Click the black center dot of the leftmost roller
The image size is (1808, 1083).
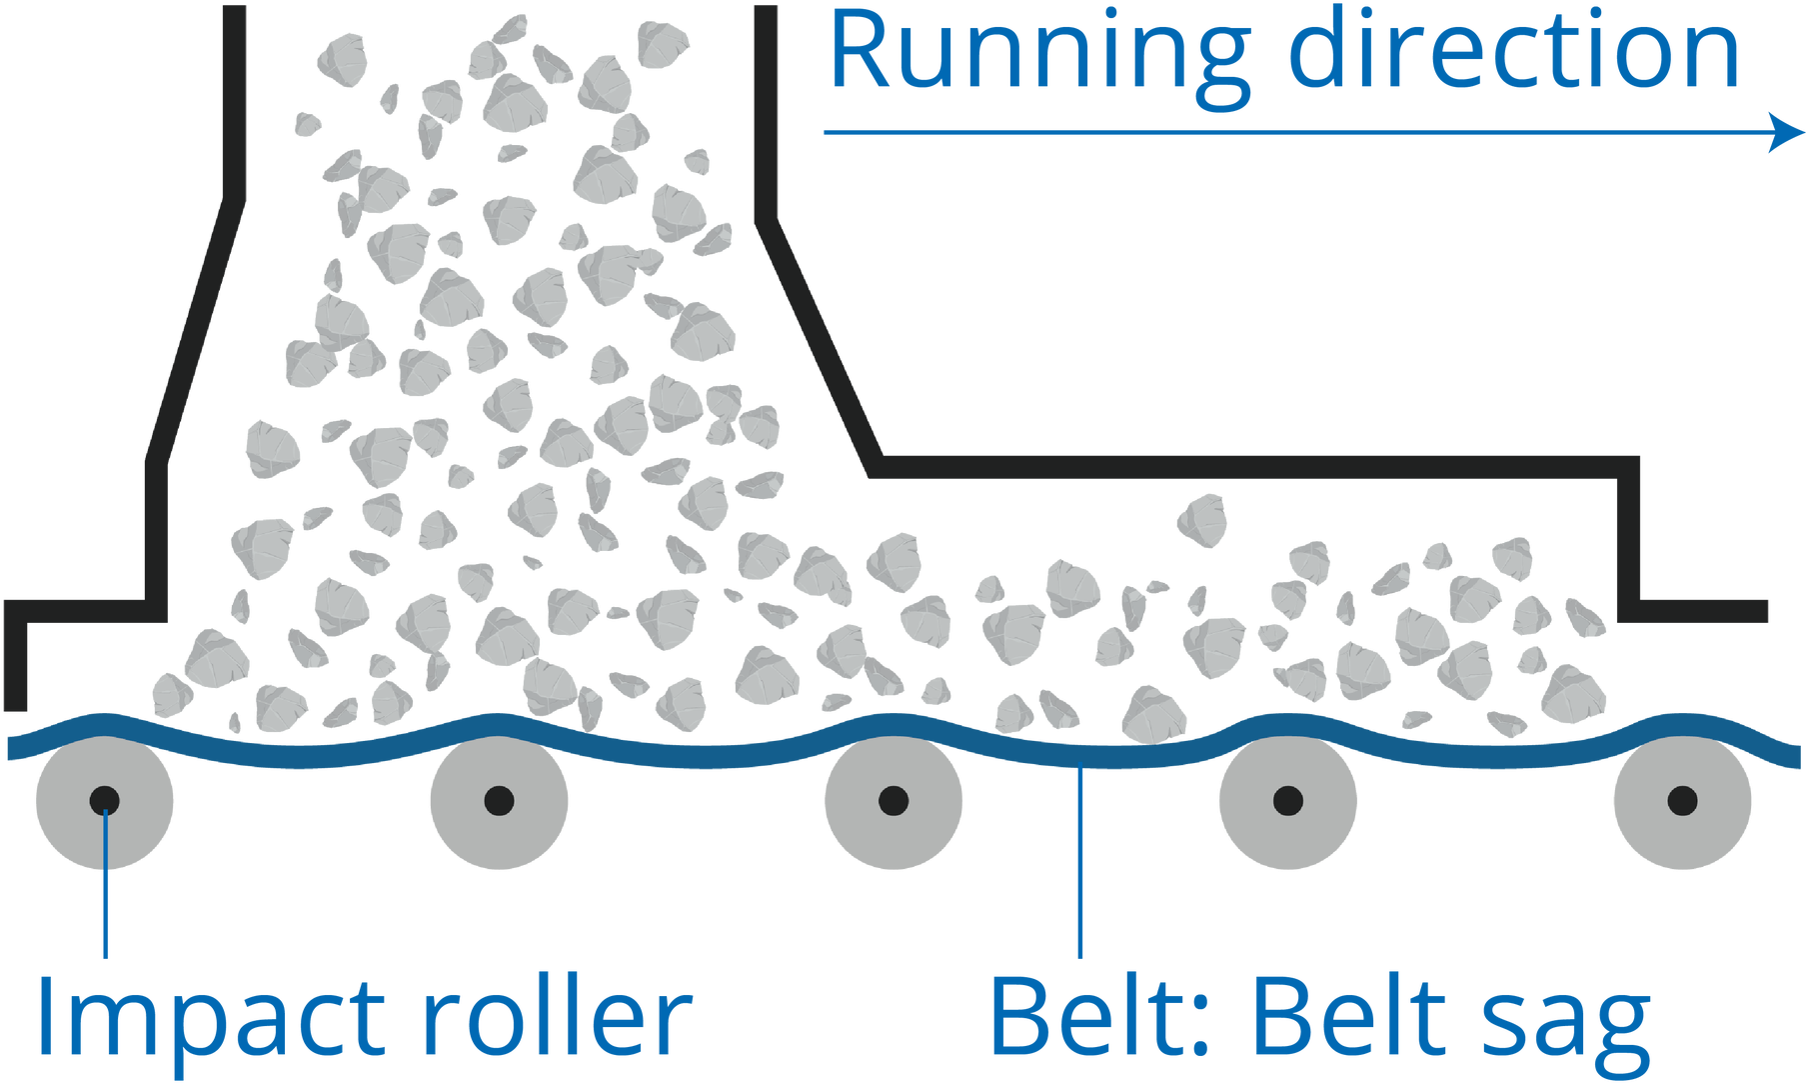click(105, 800)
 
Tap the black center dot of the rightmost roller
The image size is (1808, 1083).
click(1682, 800)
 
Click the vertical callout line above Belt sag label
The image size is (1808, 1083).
click(1080, 860)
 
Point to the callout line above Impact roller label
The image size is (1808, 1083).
click(105, 900)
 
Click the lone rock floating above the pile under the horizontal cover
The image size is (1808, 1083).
click(1201, 520)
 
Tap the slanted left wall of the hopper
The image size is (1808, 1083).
click(195, 330)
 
